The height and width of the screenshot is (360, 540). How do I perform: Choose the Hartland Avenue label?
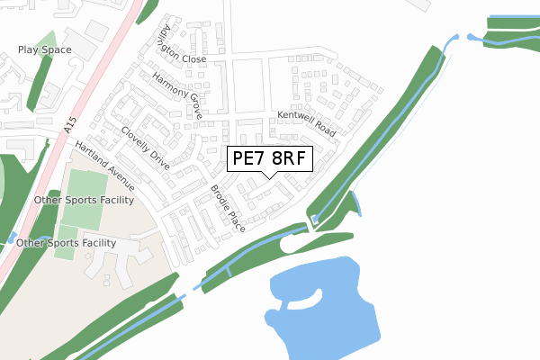[105, 166]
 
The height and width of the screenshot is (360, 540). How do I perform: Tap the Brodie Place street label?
[228, 208]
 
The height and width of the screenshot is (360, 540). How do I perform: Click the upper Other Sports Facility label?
[83, 199]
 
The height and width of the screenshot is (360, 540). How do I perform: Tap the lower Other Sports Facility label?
[67, 243]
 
